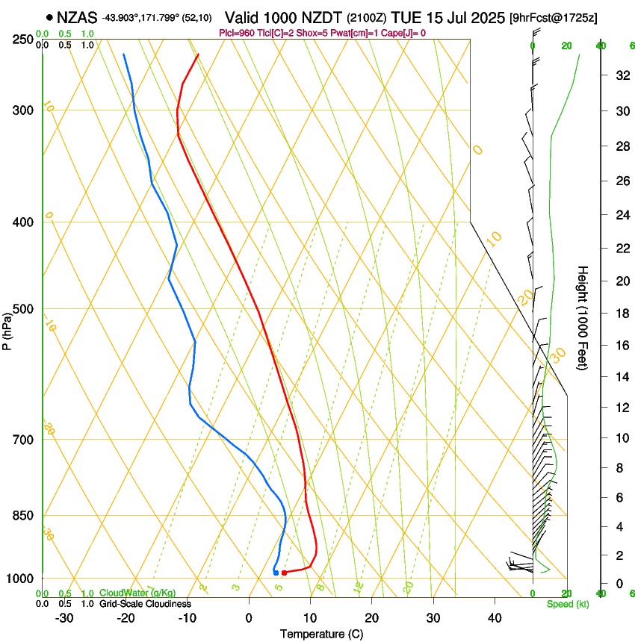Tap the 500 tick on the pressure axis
[x=22, y=309]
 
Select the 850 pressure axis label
[x=22, y=516]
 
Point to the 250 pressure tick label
[x=22, y=39]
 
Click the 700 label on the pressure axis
[x=22, y=440]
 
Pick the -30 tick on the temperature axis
[x=64, y=618]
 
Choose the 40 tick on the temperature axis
[x=494, y=618]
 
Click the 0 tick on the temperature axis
[x=249, y=618]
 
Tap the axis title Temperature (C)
[x=321, y=634]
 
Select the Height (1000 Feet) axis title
[x=583, y=318]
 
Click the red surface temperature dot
[x=284, y=573]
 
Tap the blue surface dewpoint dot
[x=276, y=573]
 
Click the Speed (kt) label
[x=563, y=604]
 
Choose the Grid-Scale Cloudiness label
[x=145, y=603]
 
